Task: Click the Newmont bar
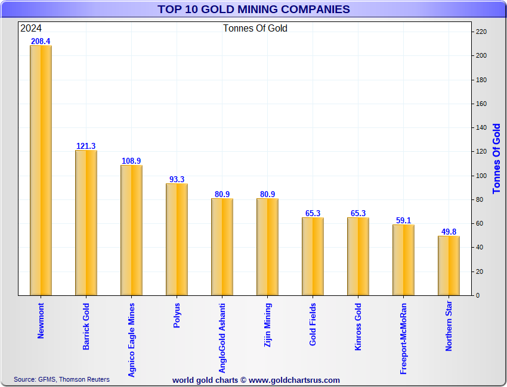coord(41,170)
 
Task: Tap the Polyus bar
coord(177,239)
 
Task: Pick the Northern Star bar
coord(449,265)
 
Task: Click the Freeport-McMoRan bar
coord(403,260)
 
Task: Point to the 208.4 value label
coord(41,41)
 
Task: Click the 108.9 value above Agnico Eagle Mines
coord(131,161)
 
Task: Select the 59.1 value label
coord(403,220)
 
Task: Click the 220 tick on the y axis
coord(481,32)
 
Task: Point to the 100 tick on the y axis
coord(481,176)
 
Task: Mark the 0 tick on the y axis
coord(477,295)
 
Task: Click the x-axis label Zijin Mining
coord(268,324)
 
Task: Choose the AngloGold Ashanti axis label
coord(222,338)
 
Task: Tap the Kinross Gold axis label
coord(358,327)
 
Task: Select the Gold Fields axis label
coord(313,324)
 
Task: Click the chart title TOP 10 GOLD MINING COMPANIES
coord(253,9)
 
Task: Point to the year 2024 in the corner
coord(31,28)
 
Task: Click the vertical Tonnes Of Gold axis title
coord(496,159)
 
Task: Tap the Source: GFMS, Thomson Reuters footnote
coord(62,379)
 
